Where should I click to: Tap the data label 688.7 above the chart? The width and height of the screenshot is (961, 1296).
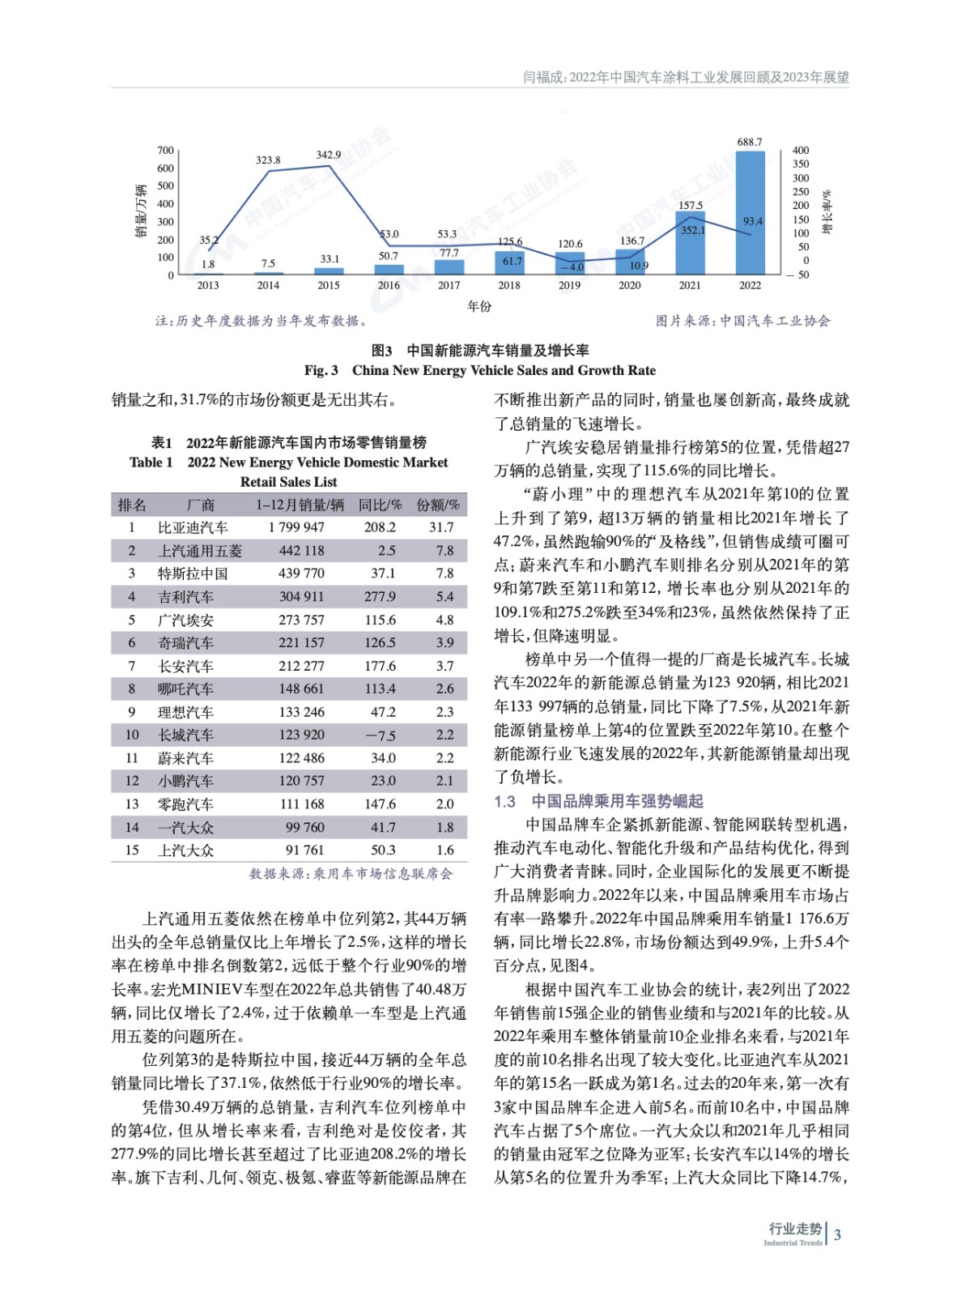(749, 142)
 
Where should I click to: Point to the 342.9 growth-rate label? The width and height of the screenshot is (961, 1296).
(328, 155)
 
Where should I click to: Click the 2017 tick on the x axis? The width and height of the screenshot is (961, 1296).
(449, 285)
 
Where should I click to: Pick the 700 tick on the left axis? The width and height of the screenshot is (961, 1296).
(165, 151)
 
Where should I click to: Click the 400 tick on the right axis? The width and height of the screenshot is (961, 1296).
(800, 151)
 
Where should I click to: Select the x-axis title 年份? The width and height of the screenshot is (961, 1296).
(479, 306)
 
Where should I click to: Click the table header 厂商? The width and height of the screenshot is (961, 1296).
(200, 505)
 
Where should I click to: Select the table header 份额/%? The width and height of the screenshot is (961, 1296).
(437, 505)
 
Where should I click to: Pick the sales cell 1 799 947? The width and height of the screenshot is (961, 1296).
(296, 527)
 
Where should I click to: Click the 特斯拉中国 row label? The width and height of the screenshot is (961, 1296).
(193, 573)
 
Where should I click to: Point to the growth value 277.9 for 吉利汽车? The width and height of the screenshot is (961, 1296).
(380, 597)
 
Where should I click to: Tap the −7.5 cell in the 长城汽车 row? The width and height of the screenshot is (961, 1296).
(380, 735)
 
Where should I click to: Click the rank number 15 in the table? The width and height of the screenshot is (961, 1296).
(132, 850)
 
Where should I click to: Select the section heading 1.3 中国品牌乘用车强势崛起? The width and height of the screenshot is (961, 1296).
(598, 801)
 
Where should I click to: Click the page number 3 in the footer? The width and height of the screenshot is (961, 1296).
(837, 1235)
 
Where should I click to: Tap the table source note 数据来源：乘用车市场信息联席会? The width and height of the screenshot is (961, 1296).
(351, 873)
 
